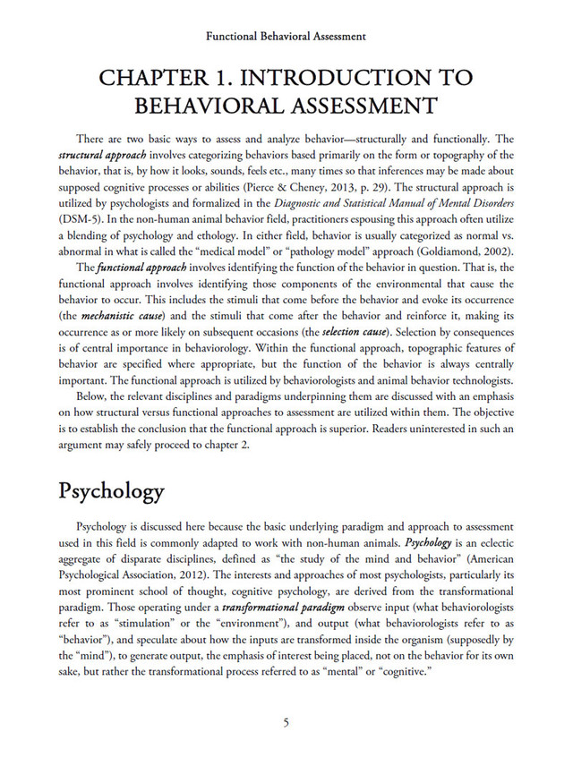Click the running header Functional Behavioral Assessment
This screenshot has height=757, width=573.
(x=286, y=37)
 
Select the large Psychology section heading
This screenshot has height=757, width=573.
(x=111, y=491)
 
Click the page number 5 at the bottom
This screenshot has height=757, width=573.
(x=286, y=723)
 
